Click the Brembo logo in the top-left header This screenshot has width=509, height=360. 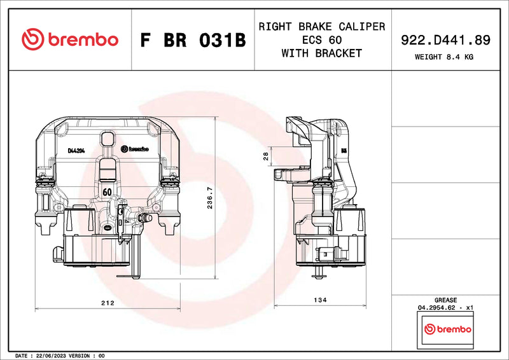tap(70, 39)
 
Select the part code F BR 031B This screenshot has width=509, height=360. tap(193, 40)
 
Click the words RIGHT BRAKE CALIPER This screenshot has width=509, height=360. tap(321, 27)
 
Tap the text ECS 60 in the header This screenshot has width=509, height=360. tap(321, 40)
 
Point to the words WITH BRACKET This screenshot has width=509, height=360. tap(321, 53)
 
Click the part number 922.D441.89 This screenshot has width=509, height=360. tap(445, 39)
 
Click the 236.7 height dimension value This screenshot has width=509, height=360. tap(210, 198)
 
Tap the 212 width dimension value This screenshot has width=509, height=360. tap(108, 303)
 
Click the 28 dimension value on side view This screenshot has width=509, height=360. tap(267, 155)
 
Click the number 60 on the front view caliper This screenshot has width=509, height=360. tap(108, 191)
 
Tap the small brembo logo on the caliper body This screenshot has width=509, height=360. tap(134, 149)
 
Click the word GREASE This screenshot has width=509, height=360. tap(445, 300)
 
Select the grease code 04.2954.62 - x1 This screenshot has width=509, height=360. tap(445, 308)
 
